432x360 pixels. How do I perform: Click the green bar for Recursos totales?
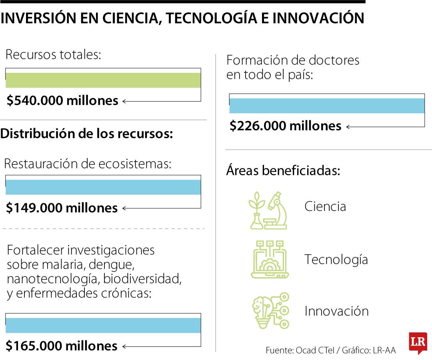pos(103,80)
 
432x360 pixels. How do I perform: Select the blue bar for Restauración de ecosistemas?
pos(103,187)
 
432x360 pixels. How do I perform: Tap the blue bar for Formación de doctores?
pos(326,106)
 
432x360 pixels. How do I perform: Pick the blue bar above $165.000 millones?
pos(103,325)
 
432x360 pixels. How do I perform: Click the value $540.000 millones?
pos(62,101)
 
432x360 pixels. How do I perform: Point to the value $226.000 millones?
pos(285,126)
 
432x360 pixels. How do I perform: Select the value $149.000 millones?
pos(62,208)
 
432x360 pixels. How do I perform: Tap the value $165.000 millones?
pos(62,346)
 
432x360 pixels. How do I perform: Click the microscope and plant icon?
pos(268,210)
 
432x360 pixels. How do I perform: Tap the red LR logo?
pos(418,343)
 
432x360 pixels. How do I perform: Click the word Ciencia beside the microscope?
pos(325,207)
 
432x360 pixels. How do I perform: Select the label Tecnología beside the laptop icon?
pos(336,260)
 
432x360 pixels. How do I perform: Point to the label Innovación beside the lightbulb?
pos(336,311)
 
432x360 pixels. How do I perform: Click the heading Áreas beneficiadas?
pos(283,171)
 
